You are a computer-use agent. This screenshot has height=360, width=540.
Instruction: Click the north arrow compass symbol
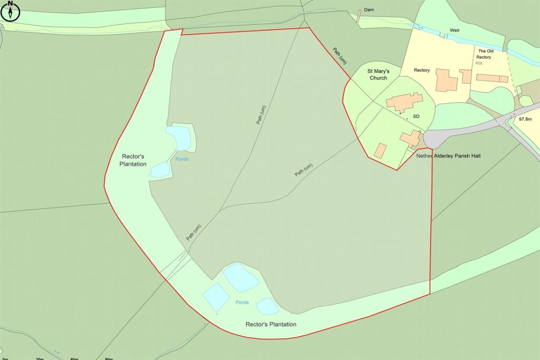pyautogui.click(x=10, y=11)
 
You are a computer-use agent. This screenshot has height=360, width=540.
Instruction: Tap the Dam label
pyautogui.click(x=369, y=10)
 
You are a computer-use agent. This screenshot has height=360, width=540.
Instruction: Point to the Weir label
pyautogui.click(x=455, y=31)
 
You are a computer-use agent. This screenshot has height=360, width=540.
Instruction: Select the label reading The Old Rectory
pyautogui.click(x=484, y=54)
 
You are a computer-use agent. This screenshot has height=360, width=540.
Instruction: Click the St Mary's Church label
pyautogui.click(x=378, y=74)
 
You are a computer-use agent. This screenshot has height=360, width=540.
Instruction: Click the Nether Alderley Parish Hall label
pyautogui.click(x=448, y=156)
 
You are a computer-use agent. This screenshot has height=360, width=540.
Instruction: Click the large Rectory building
pyautogui.click(x=447, y=80)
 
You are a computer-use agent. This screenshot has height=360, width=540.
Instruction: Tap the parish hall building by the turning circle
pyautogui.click(x=410, y=139)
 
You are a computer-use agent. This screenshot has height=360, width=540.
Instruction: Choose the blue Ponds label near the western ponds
pyautogui.click(x=182, y=159)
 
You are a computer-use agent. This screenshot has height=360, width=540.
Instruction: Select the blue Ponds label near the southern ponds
pyautogui.click(x=242, y=303)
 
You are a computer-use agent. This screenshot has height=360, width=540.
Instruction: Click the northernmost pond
pyautogui.click(x=178, y=137)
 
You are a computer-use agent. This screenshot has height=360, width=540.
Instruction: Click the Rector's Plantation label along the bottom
pyautogui.click(x=271, y=324)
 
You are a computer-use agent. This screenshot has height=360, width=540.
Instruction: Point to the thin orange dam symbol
pyautogui.click(x=359, y=16)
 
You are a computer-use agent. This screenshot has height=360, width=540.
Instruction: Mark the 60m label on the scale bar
pyautogui.click(x=74, y=358)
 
